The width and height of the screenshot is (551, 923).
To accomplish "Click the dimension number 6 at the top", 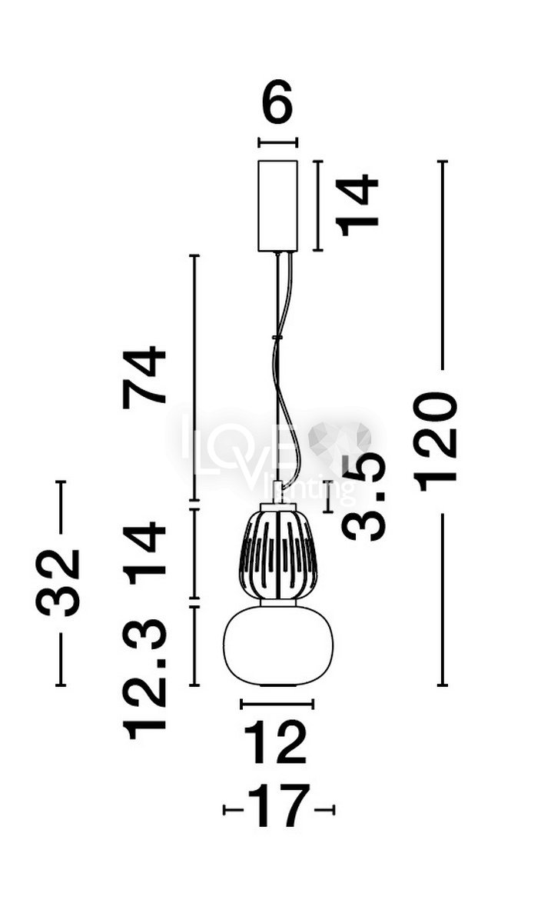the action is (277, 102).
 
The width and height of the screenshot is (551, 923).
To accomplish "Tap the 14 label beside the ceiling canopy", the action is (357, 205).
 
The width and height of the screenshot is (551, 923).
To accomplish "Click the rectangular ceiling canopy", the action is (277, 205).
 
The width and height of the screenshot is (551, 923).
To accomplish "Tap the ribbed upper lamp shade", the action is (277, 551).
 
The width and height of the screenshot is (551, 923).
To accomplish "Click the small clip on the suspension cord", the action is (277, 337).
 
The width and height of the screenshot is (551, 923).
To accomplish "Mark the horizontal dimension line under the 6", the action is (277, 142).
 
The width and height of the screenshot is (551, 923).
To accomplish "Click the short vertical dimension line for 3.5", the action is (328, 497).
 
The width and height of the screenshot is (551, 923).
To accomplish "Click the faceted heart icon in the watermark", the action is (340, 438).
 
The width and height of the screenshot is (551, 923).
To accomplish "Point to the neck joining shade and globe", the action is (278, 602).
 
